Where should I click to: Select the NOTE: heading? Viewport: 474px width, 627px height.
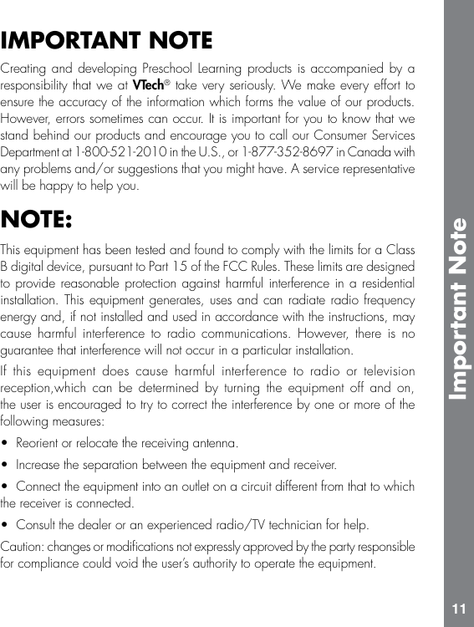[x=36, y=220]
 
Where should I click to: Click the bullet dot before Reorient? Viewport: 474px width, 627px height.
[x=7, y=442]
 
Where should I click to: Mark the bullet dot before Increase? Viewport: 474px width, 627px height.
[x=7, y=464]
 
